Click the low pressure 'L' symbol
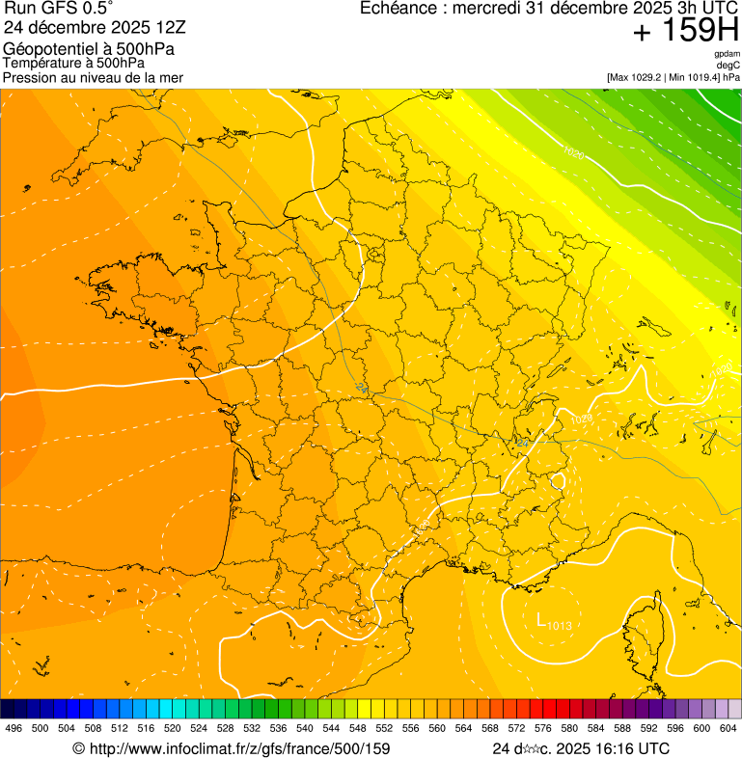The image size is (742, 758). click(x=541, y=618)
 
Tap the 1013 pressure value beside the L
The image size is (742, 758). click(x=559, y=626)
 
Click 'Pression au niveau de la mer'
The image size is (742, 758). click(x=93, y=77)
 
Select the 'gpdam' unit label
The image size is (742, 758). click(x=728, y=54)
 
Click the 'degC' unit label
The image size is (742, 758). click(x=729, y=65)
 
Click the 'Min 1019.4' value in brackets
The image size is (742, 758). click(x=696, y=76)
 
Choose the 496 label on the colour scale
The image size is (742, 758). click(x=14, y=729)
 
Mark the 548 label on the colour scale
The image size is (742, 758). click(x=358, y=729)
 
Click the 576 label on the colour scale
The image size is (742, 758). click(x=543, y=729)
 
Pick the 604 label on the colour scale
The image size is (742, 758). click(x=728, y=729)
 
